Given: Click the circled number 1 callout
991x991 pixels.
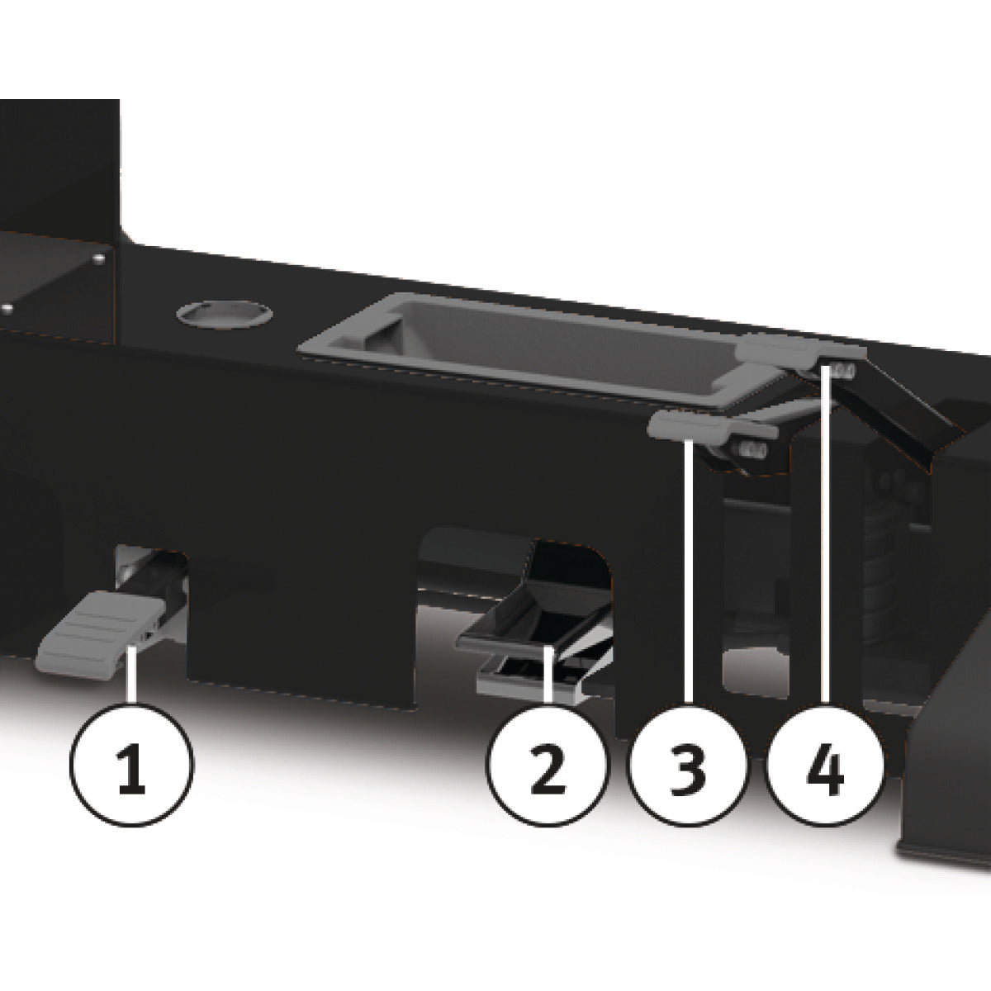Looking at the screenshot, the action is coord(132,764).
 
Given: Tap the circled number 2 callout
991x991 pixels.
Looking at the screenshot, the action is coord(548,764).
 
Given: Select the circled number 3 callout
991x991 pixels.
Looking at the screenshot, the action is coord(688,764).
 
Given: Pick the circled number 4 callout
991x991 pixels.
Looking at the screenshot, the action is coord(824,764).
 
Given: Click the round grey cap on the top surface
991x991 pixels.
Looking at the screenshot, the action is coord(225,313).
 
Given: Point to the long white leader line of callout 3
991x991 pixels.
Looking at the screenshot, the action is coord(688,571).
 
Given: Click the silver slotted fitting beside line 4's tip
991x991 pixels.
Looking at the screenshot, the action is coord(842,370).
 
